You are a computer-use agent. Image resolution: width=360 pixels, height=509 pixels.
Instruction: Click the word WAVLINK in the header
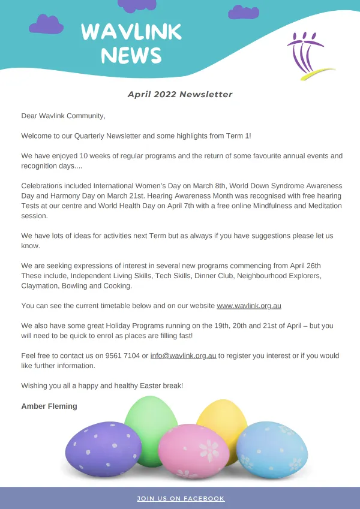pos(131,32)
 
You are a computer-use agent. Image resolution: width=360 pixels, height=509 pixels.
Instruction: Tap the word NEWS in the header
pos(131,55)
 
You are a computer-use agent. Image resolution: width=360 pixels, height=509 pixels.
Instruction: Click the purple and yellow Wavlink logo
pos(307,58)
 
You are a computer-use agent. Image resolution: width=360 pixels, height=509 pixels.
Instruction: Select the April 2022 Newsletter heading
pos(180,94)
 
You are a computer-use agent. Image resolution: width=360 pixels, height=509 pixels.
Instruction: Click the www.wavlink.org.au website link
pos(248,306)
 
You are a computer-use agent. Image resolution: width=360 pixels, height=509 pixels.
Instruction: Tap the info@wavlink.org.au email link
pos(183,356)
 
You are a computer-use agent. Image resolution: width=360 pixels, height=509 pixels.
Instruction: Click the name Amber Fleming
pos(49,406)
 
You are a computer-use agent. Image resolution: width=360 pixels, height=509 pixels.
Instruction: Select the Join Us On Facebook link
pos(181,498)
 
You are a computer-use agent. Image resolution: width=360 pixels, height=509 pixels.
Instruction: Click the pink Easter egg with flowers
pos(193,451)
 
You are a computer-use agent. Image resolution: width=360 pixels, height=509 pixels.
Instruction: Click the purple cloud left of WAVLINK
pos(46,25)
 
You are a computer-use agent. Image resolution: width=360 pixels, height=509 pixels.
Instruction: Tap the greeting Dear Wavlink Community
pos(63,116)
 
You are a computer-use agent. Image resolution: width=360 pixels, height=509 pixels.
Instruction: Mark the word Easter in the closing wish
pos(135,385)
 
